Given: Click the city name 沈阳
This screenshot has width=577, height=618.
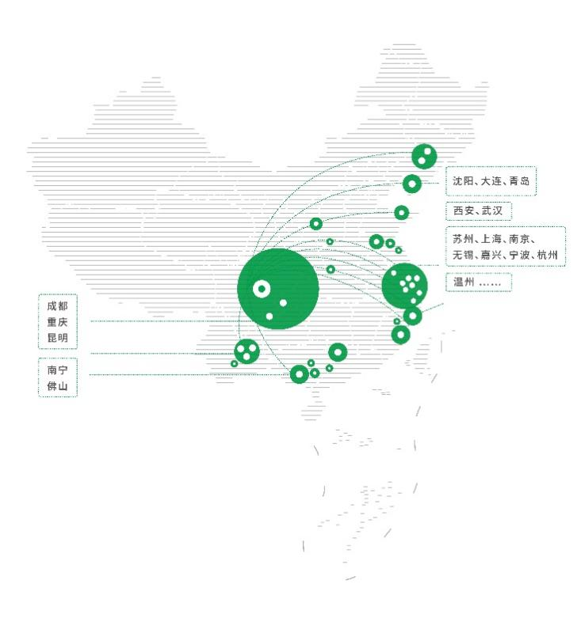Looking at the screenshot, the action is (x=463, y=181).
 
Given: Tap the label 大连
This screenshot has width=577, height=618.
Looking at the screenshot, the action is (x=491, y=181).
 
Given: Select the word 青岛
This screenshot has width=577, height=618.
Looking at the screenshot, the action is (x=519, y=181).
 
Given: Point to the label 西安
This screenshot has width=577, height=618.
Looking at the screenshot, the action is (x=464, y=210).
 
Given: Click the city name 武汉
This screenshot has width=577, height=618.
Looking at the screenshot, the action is (x=492, y=210).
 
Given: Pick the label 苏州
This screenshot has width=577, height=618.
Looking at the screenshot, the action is (x=463, y=239).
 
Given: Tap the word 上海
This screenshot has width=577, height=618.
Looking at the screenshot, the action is (x=491, y=239).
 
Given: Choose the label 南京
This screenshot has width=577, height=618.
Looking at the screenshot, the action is (x=519, y=239).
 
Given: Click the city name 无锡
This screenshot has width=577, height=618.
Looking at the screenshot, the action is (x=463, y=255).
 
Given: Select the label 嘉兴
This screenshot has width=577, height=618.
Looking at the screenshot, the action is (x=491, y=255).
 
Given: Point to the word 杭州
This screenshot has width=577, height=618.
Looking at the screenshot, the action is (x=548, y=255).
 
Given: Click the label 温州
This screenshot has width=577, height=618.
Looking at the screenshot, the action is (x=464, y=282).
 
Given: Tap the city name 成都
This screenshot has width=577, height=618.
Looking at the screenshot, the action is (x=58, y=306).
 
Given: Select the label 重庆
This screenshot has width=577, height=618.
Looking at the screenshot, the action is (x=58, y=322).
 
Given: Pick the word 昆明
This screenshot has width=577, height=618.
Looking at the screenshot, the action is (x=58, y=338).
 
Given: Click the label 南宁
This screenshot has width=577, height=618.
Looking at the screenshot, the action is (x=58, y=370).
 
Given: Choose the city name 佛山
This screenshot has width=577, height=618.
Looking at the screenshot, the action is (x=58, y=386).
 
